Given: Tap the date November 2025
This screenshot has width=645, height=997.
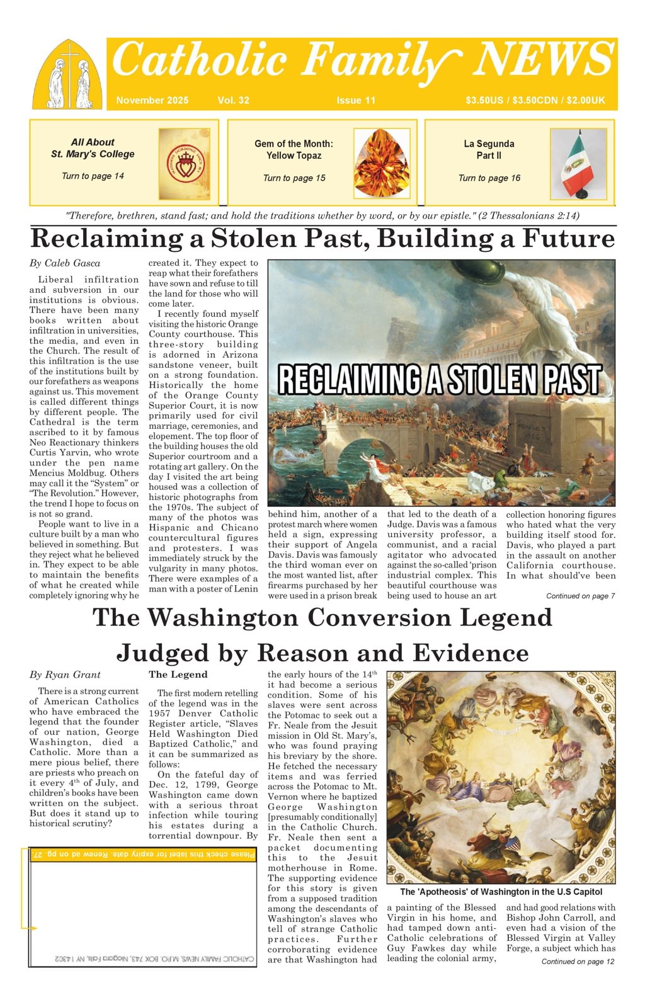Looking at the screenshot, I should click(152, 100).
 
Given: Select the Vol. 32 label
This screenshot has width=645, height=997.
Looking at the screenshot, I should click(233, 100).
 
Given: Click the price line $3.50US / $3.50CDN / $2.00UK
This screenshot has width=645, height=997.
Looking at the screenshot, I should click(535, 100).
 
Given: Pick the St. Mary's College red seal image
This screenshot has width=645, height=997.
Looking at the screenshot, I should click(184, 164).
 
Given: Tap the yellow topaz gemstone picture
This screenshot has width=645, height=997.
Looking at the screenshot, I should click(382, 163).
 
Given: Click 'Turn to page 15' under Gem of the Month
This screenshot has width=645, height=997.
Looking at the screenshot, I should click(294, 178).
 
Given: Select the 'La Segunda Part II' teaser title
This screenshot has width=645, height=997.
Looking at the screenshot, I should click(489, 149).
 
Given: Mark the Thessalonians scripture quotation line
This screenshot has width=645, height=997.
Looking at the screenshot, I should click(322, 215).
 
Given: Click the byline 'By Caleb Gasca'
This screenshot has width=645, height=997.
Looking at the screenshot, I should click(65, 263).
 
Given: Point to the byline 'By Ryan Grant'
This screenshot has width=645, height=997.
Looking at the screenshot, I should click(65, 675).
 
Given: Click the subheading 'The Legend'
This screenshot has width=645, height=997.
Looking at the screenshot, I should click(178, 675).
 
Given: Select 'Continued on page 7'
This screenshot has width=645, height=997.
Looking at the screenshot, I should click(580, 596).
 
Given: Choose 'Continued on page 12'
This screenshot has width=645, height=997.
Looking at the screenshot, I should click(578, 961).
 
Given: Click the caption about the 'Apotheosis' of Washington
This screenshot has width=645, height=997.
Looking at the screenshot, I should click(501, 892).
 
